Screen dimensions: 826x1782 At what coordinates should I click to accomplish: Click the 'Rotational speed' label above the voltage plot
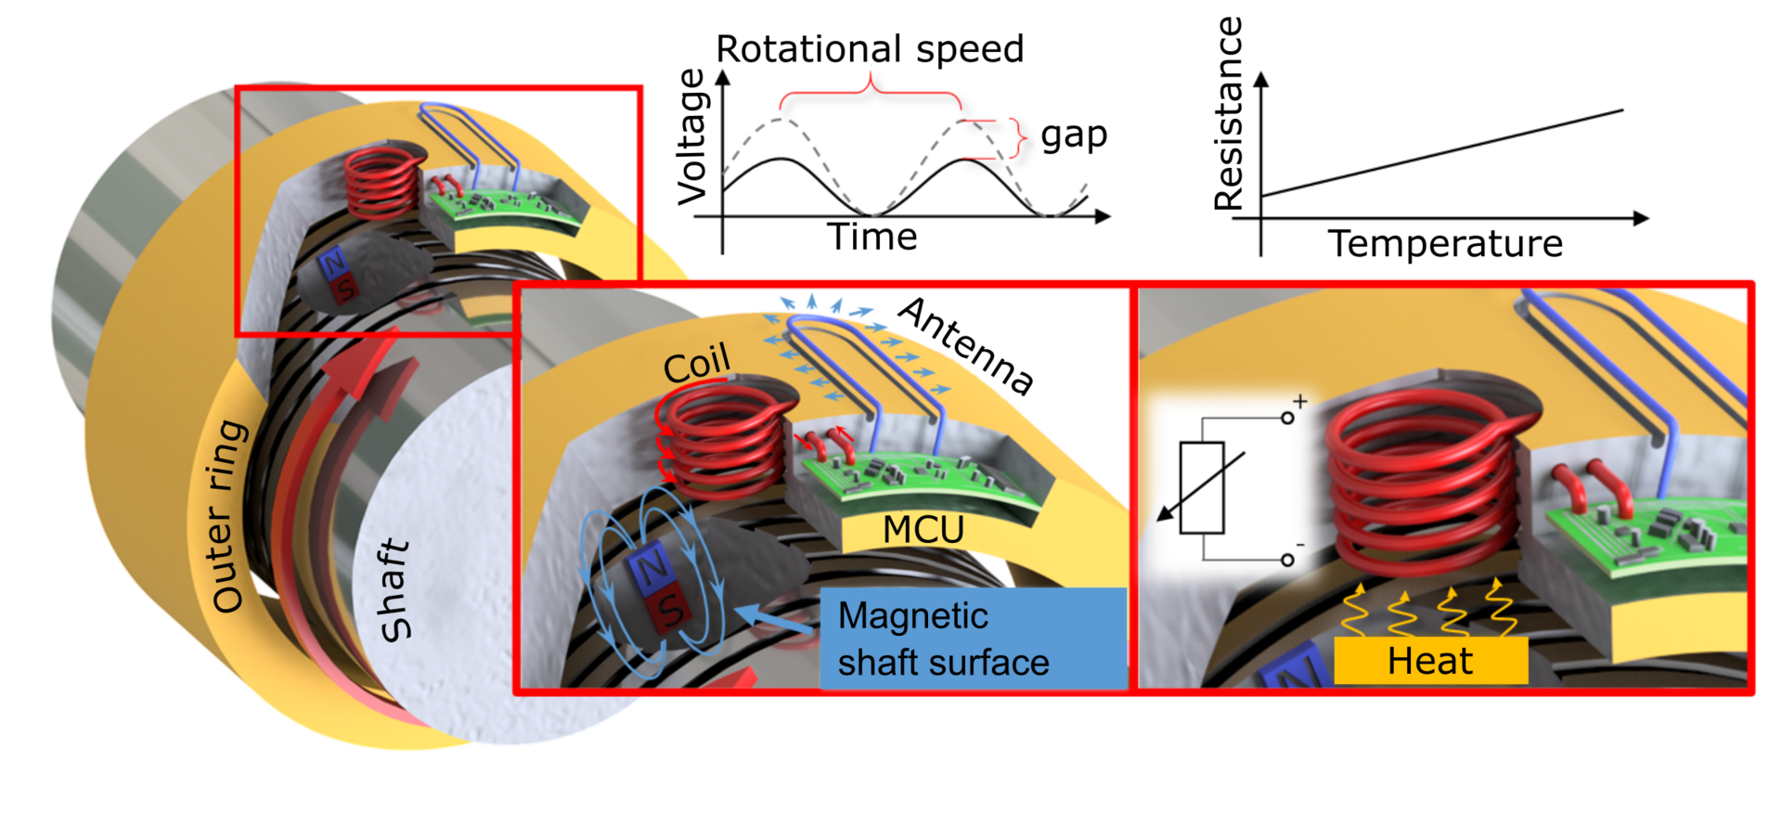[870, 49]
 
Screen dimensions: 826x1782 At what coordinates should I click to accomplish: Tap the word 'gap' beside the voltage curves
[1074, 136]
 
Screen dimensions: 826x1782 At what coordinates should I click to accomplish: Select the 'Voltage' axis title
[692, 136]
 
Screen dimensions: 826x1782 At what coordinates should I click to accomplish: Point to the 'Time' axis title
[872, 238]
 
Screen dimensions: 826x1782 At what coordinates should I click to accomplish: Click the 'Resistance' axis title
[1228, 114]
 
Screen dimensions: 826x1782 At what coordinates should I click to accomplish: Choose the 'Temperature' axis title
[1445, 244]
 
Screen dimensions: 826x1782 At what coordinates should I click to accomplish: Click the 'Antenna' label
[966, 345]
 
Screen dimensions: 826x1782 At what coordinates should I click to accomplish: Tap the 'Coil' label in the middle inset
[697, 364]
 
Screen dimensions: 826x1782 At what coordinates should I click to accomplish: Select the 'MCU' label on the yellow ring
[923, 530]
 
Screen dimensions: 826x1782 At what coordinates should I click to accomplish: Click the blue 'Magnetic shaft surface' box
[973, 639]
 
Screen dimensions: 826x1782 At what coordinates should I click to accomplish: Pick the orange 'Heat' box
[1430, 661]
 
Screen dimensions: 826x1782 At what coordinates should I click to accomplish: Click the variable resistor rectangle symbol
[1201, 488]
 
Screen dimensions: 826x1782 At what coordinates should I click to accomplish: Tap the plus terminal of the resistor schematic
[1287, 418]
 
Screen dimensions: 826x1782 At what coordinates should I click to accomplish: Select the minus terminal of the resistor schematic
[1287, 560]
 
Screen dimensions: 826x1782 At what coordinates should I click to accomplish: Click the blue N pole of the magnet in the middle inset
[652, 568]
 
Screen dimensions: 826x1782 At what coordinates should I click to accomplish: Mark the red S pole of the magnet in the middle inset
[672, 610]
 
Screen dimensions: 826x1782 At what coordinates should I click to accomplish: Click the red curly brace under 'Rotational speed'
[870, 93]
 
